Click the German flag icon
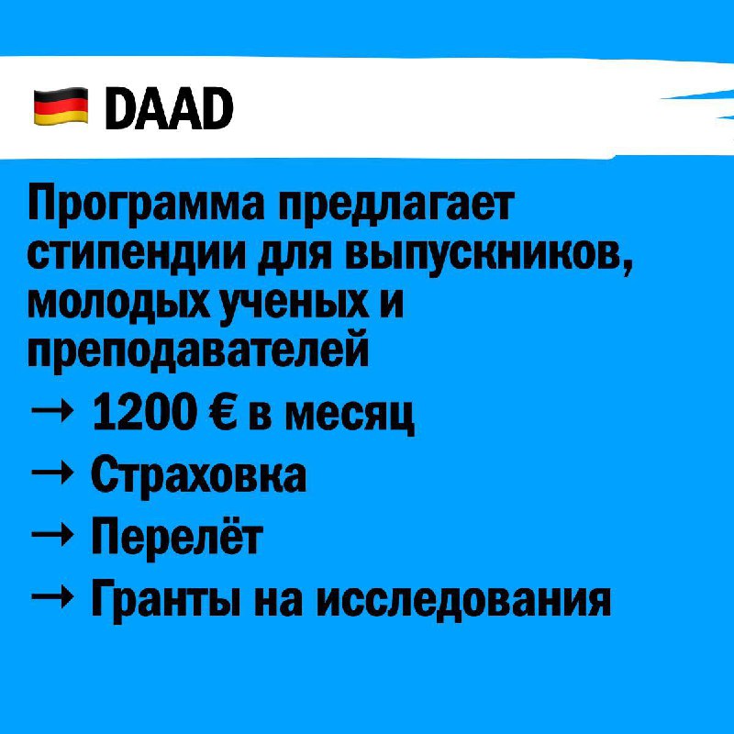pyautogui.click(x=61, y=106)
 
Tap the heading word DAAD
pyautogui.click(x=170, y=108)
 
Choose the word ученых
pyautogui.click(x=295, y=305)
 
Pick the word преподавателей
pyautogui.click(x=198, y=351)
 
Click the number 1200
pyautogui.click(x=145, y=412)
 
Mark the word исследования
pyautogui.click(x=463, y=600)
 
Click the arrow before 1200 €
pyautogui.click(x=52, y=412)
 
